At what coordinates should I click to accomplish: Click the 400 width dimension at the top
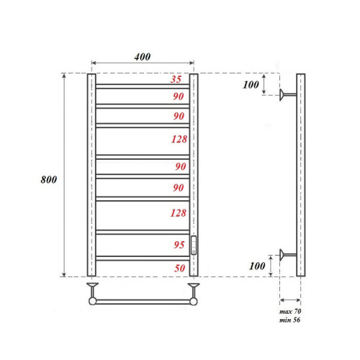pos(142,58)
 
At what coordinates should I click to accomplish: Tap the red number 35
pos(176,80)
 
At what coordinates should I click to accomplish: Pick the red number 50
pos(178,268)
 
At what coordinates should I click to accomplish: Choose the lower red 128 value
pos(178,213)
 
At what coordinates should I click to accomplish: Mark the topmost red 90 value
pos(178,96)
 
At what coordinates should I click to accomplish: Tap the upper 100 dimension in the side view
pos(250,85)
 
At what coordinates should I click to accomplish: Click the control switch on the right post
pos(193,245)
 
